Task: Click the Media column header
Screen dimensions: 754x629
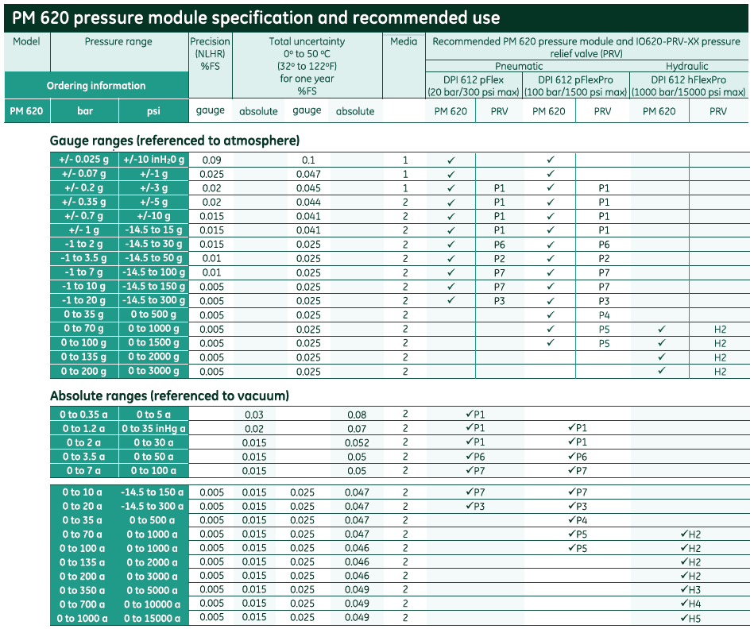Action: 404,41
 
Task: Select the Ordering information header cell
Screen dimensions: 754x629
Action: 96,86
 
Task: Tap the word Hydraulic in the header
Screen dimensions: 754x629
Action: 686,66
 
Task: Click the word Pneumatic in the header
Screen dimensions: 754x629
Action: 519,66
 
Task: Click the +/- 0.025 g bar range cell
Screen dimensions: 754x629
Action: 84,160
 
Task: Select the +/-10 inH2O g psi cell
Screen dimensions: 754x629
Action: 154,160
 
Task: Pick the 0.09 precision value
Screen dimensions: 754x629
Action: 211,160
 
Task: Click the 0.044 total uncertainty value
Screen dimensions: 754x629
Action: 308,203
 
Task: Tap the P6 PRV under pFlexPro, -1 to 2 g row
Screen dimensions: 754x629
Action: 604,245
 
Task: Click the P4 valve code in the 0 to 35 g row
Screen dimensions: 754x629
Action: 604,315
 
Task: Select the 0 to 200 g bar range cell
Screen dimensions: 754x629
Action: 84,371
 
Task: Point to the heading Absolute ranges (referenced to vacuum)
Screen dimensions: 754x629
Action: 170,396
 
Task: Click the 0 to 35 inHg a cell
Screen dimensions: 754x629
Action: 154,428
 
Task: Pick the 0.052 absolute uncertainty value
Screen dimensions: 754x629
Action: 357,442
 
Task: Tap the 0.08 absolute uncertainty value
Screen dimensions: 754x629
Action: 357,415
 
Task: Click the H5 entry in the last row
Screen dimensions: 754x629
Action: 694,619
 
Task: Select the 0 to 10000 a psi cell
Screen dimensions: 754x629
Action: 153,604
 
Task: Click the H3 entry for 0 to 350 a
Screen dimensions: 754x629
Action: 694,590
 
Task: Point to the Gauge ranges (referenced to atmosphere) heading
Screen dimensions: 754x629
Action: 175,141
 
